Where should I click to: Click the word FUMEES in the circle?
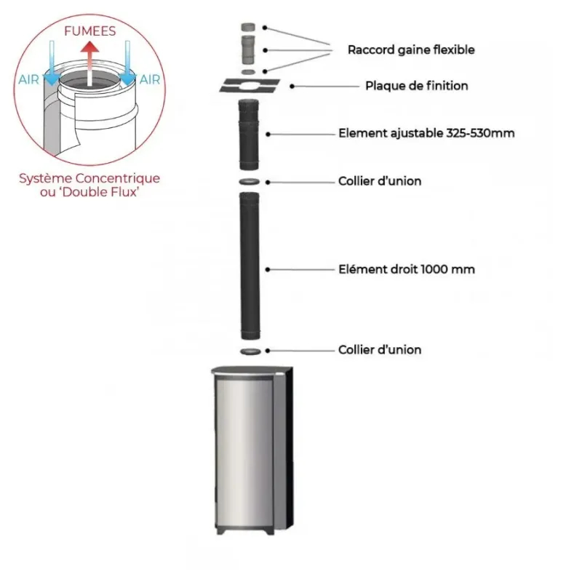click(x=89, y=31)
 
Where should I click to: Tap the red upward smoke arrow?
click(x=89, y=64)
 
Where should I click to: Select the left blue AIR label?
click(x=28, y=79)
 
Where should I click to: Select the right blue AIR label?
click(x=150, y=79)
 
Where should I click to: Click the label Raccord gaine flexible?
click(x=411, y=49)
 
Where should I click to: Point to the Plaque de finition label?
click(x=416, y=86)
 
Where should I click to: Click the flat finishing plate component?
click(x=250, y=86)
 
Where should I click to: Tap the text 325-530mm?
click(x=480, y=133)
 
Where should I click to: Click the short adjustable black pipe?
click(x=249, y=135)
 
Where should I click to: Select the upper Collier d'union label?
click(x=380, y=181)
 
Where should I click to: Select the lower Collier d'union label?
click(x=380, y=350)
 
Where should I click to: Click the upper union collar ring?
click(x=250, y=182)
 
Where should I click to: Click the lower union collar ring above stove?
click(x=250, y=351)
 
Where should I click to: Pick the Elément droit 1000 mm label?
click(x=407, y=269)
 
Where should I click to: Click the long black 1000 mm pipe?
click(x=250, y=266)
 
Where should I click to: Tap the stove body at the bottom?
click(x=252, y=450)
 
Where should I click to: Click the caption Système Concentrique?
click(x=89, y=178)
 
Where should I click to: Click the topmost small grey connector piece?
click(x=248, y=28)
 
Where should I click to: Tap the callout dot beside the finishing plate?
click(x=292, y=86)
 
